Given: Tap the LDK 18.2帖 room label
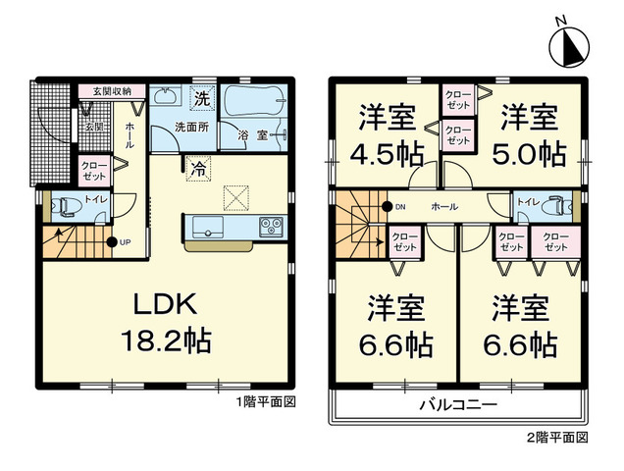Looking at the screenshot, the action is (166, 322).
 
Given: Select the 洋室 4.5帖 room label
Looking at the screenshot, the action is (387, 134).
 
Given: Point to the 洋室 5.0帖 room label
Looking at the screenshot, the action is (529, 134).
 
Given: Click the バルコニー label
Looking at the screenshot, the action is (459, 405).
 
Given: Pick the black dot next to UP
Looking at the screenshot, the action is (112, 241).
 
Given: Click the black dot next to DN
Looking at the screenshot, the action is (386, 206).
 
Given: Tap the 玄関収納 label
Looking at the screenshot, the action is (112, 91).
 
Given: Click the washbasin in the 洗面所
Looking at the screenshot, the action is (165, 95).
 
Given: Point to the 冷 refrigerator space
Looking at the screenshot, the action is (198, 169).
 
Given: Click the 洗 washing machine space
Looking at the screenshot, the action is (202, 97).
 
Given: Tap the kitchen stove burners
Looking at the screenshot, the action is (271, 227).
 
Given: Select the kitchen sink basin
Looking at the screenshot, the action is (207, 227).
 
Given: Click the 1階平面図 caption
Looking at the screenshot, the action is (266, 402).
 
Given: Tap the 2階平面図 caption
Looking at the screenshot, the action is (557, 438).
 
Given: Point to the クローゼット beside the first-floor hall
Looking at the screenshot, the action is (95, 171).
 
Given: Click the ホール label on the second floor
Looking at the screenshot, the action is (444, 206).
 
